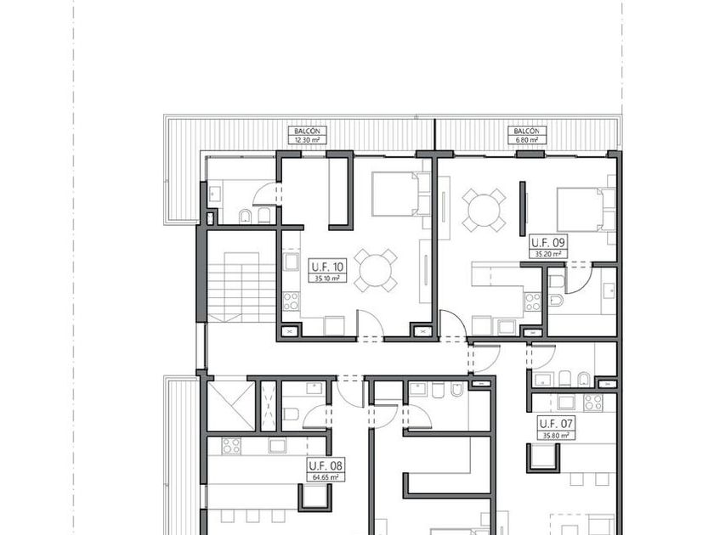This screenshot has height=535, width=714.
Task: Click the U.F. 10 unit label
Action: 327,266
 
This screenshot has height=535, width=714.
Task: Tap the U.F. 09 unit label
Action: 548,242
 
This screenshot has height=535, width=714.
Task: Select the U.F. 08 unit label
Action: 326,466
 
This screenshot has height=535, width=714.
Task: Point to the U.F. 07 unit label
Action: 556,424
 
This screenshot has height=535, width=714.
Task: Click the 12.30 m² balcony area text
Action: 308,140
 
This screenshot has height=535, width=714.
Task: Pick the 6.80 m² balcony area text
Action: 527,140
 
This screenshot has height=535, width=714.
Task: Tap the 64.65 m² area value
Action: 326,477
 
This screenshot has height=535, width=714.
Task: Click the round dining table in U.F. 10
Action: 376,271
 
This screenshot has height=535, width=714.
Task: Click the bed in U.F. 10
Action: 400,194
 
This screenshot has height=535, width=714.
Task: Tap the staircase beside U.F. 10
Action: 241,288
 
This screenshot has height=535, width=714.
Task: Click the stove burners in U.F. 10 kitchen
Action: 291,301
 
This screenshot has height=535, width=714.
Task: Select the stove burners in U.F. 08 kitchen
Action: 231,446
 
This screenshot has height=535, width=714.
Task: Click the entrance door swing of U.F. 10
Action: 370,324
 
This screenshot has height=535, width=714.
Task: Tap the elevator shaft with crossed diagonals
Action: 230,406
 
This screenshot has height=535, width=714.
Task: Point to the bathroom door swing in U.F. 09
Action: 578,278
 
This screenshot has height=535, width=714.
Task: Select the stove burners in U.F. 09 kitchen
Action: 533,301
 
